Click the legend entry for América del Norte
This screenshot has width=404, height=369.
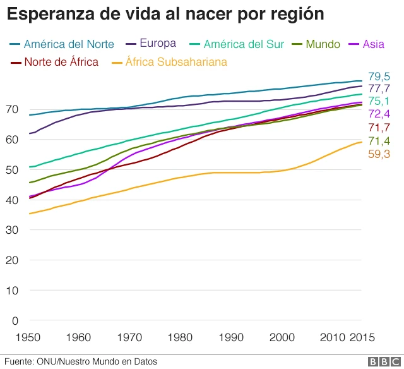[69, 44]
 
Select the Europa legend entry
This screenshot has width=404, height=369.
[157, 44]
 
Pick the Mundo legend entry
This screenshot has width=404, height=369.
[323, 44]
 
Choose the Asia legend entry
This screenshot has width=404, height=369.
[372, 44]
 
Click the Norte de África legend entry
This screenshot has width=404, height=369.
[61, 62]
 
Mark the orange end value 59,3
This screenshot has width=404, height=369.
[378, 154]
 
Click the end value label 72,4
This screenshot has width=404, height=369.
[378, 114]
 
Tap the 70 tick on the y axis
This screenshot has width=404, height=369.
[11, 109]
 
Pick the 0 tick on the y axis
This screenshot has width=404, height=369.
[15, 320]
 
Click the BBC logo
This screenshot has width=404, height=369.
[381, 361]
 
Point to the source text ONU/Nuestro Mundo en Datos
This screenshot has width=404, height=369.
[98, 361]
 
